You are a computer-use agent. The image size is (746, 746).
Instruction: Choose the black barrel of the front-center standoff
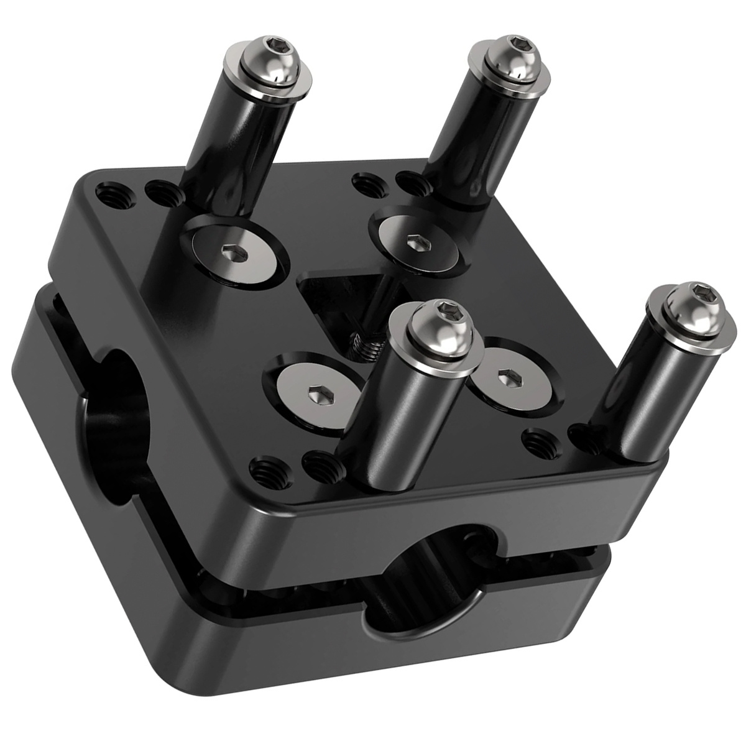392,410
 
